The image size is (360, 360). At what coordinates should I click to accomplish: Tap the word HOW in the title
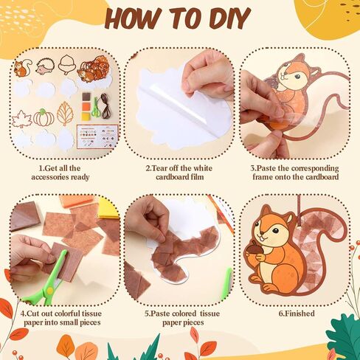135,18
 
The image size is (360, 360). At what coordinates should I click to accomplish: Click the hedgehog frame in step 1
44,67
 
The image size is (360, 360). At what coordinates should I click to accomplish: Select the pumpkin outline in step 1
44,117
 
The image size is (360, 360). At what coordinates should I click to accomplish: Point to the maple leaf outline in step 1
22,119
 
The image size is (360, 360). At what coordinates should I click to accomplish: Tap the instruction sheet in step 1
97,136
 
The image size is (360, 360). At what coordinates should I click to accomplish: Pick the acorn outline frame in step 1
66,64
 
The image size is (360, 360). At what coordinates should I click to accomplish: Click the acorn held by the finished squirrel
252,252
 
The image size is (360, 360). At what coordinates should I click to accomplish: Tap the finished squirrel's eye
275,231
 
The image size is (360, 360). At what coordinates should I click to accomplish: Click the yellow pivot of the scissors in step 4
50,291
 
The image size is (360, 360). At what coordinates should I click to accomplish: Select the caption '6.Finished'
297,314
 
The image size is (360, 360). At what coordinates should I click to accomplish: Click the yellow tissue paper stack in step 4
108,209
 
